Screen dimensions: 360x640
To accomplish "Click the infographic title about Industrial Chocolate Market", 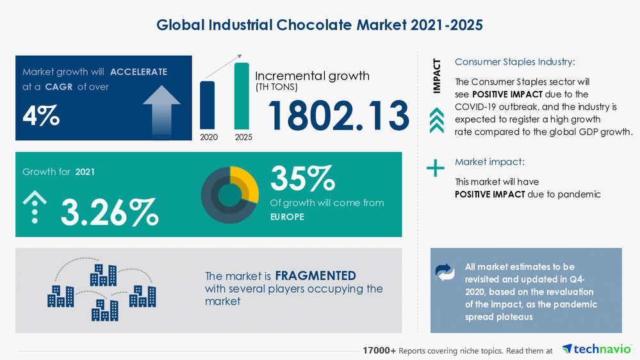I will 320,24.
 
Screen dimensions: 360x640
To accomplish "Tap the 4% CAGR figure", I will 41,116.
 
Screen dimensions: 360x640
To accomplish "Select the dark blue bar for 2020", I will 208,104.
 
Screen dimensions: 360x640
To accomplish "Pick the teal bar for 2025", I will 242,95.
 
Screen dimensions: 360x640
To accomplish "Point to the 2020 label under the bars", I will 208,137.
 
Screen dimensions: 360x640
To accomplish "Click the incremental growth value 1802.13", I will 338,116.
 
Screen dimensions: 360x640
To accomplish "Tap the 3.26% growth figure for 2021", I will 109,212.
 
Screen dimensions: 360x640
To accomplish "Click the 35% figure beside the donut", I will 302,179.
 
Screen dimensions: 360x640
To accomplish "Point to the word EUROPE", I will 287,217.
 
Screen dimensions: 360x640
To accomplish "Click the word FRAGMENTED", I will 315,276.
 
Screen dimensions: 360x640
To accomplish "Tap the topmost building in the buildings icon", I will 103,275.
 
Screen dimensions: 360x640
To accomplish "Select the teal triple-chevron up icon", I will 436,120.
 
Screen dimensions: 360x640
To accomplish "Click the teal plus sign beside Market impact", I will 436,168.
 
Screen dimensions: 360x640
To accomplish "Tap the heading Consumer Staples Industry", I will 514,62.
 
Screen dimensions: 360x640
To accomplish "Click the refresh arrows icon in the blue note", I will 445,272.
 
